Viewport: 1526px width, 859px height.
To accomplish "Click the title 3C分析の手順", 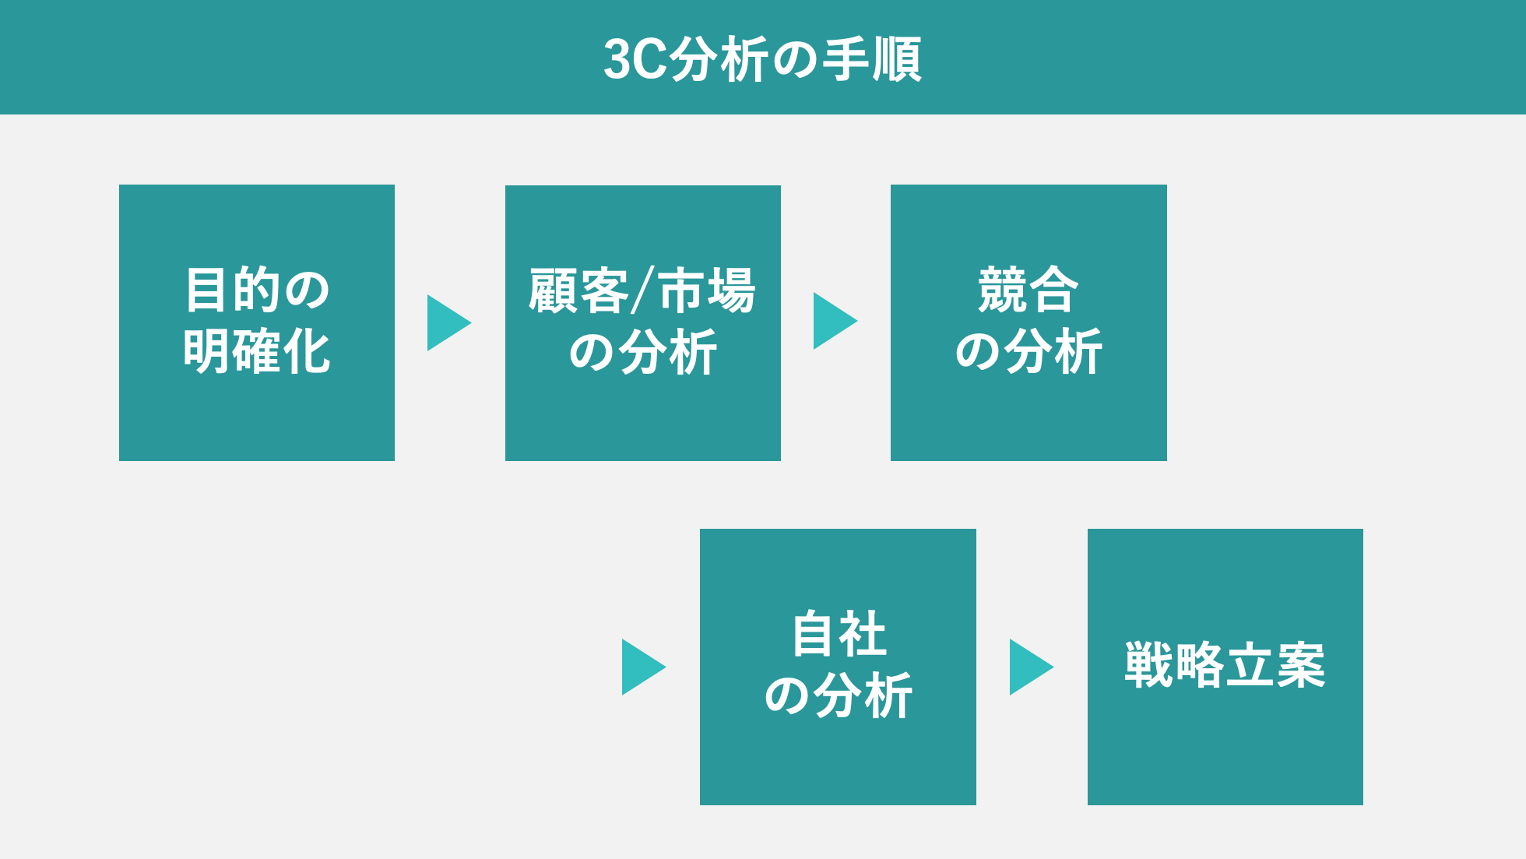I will tap(762, 59).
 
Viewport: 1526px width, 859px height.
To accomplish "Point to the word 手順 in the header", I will tap(873, 59).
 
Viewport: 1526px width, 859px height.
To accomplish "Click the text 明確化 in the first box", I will tap(257, 351).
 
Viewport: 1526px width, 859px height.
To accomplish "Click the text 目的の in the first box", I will tap(257, 290).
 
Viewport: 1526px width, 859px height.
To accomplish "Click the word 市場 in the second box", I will tap(707, 290).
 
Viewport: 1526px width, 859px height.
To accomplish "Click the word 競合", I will tap(1028, 290).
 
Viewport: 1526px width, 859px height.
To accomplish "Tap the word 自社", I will tap(839, 634).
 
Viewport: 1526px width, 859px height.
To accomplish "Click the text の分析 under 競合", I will tap(1028, 351).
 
